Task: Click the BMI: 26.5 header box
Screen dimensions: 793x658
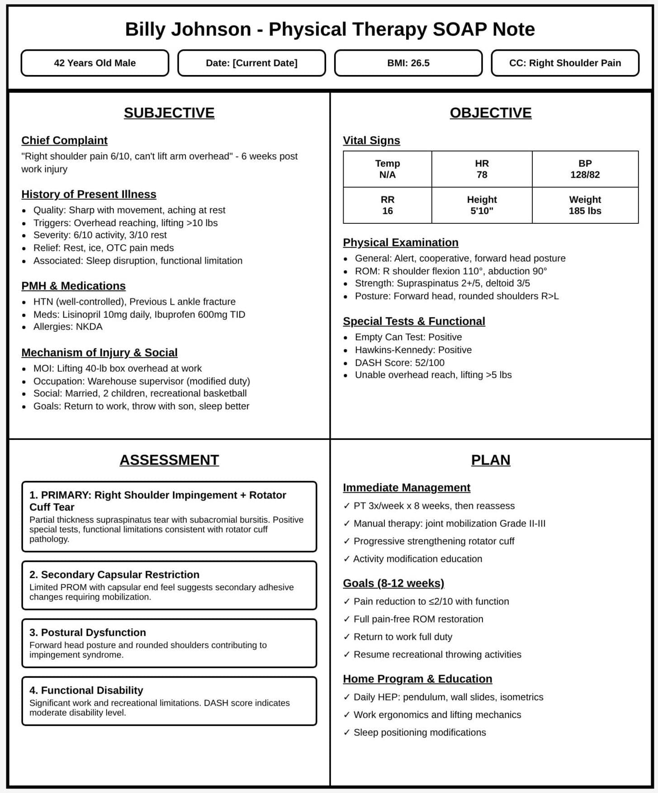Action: coord(408,63)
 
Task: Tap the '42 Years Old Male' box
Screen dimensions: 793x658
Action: coord(95,63)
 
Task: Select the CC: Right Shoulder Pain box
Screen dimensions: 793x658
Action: coord(565,63)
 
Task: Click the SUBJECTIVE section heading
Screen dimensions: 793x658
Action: coord(169,113)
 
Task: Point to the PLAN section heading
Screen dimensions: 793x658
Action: coord(491,460)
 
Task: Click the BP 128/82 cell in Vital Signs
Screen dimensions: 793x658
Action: coord(585,169)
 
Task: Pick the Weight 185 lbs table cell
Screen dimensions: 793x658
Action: coord(585,205)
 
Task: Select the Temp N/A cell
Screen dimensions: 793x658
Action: coord(387,169)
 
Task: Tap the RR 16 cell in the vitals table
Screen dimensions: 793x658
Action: coord(387,205)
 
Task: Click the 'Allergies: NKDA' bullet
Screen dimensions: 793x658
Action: coord(68,327)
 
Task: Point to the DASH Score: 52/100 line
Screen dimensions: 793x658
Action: coord(399,363)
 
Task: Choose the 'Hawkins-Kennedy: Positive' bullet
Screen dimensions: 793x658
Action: coord(413,350)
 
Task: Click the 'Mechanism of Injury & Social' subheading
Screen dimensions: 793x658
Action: coord(99,353)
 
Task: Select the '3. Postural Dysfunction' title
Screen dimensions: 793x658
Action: coord(88,633)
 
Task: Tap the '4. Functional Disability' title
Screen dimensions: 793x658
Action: coord(86,690)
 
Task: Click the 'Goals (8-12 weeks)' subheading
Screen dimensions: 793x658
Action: coord(393,583)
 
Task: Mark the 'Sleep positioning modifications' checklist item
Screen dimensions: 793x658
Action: coord(419,732)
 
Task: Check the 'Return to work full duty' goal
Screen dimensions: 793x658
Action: coord(402,637)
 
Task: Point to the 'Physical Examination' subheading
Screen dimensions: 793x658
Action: coord(400,242)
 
